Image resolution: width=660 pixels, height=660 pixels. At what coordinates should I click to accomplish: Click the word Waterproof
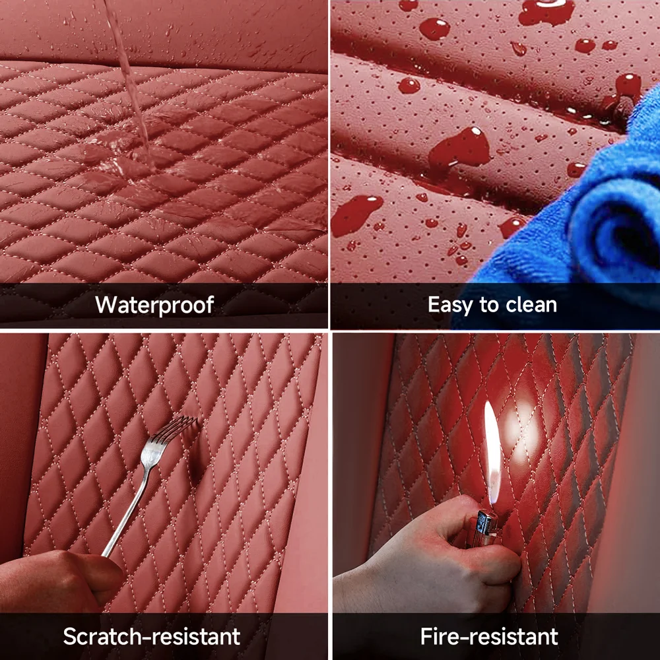tap(154, 305)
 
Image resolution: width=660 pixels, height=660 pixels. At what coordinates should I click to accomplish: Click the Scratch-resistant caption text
tap(152, 636)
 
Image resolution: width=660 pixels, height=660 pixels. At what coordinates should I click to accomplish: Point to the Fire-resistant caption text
tap(489, 636)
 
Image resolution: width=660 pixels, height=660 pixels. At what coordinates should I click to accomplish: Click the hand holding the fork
tap(59, 581)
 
